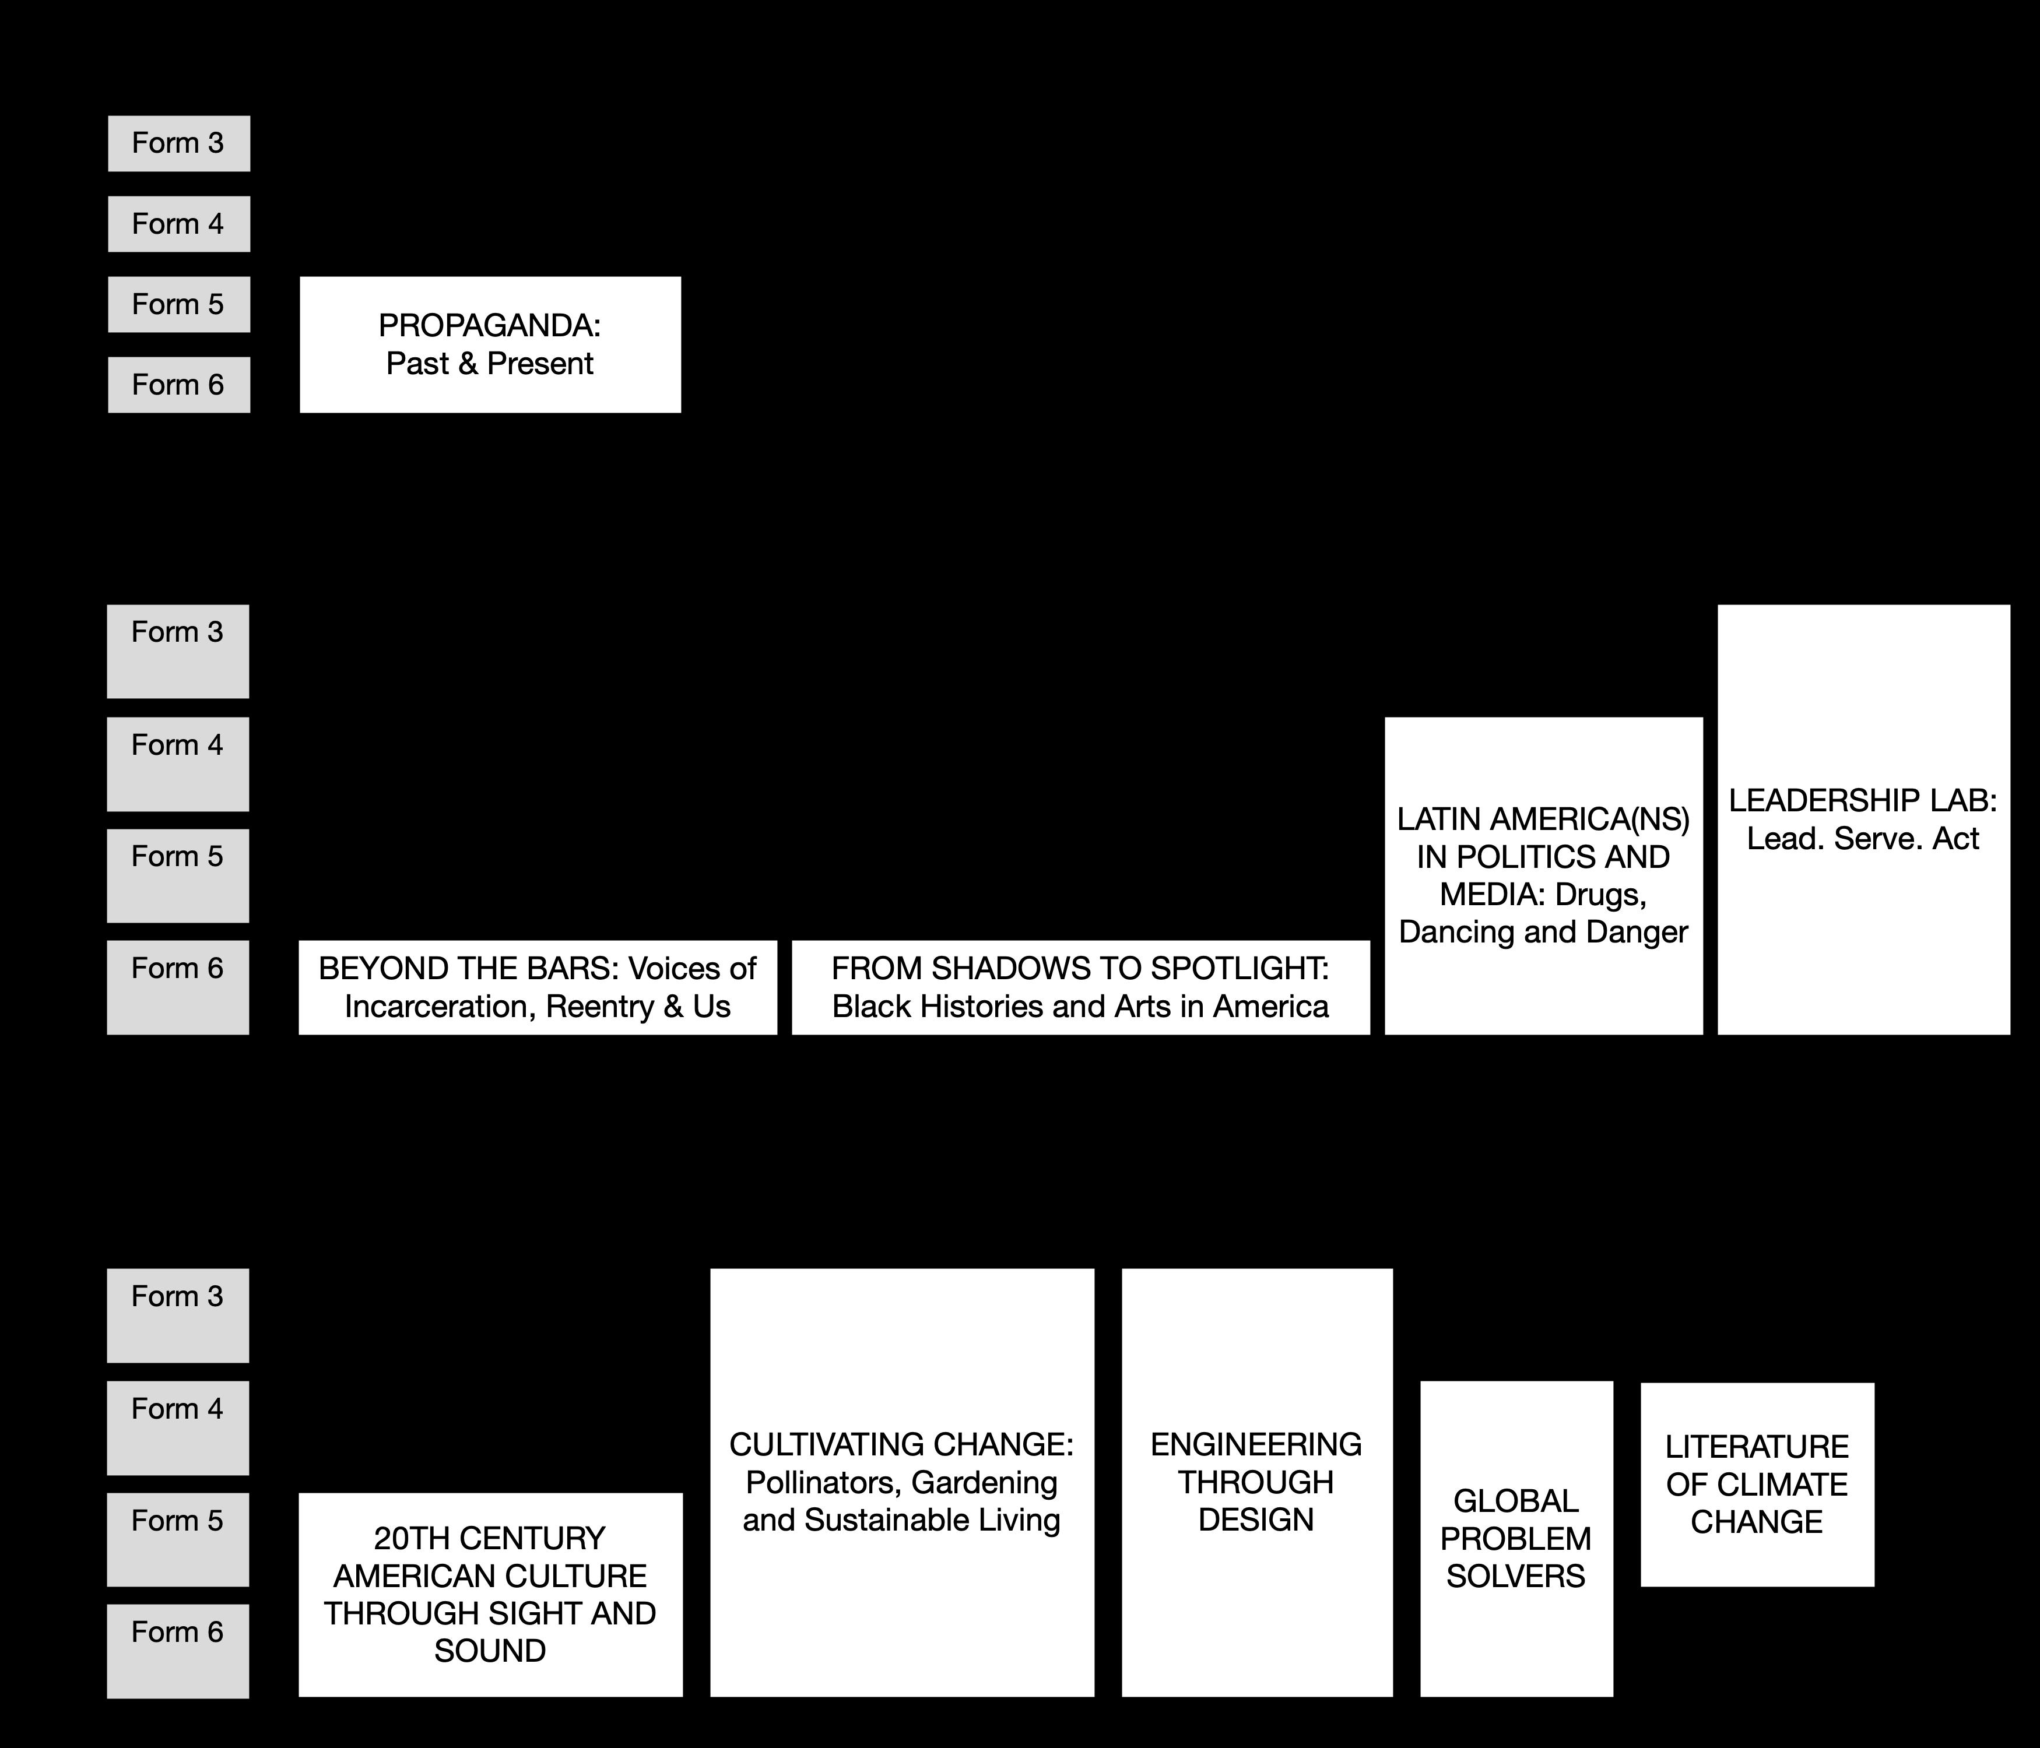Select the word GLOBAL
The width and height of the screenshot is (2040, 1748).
click(x=1515, y=1501)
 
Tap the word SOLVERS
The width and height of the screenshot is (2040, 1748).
click(x=1515, y=1575)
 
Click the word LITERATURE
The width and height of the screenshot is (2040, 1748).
click(x=1757, y=1447)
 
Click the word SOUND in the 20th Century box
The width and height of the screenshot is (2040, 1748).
click(x=489, y=1651)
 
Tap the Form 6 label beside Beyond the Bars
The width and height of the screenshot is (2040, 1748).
click(x=177, y=969)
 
